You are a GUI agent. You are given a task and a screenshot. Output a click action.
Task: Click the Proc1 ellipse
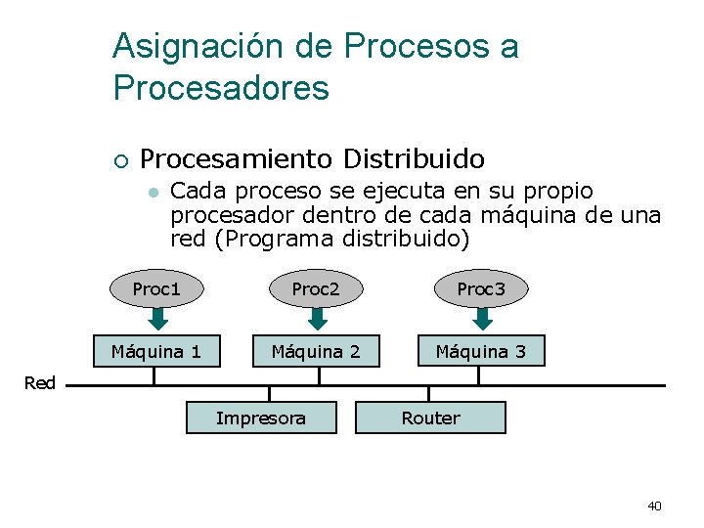156,289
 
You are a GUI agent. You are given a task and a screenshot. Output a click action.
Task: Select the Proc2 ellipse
316,289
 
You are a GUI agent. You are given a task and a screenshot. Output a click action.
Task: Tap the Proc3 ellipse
481,289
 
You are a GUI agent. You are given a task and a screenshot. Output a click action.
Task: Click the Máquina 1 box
156,351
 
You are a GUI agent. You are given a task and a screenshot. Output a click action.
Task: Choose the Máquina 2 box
316,351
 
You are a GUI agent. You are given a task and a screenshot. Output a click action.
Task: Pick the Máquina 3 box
481,351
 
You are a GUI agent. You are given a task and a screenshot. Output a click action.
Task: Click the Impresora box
261,418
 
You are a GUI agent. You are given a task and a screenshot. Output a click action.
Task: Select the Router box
430,418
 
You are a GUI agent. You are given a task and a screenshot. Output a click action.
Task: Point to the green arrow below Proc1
156,319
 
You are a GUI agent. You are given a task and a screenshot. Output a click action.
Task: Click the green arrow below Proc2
316,319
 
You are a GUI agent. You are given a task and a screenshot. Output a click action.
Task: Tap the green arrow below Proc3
481,319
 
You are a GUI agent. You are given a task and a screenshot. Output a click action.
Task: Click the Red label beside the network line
39,383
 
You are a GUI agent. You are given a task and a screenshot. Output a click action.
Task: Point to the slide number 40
654,506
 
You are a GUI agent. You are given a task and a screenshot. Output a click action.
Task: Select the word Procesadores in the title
221,89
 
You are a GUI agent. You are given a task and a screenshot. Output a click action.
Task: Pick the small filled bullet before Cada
152,193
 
